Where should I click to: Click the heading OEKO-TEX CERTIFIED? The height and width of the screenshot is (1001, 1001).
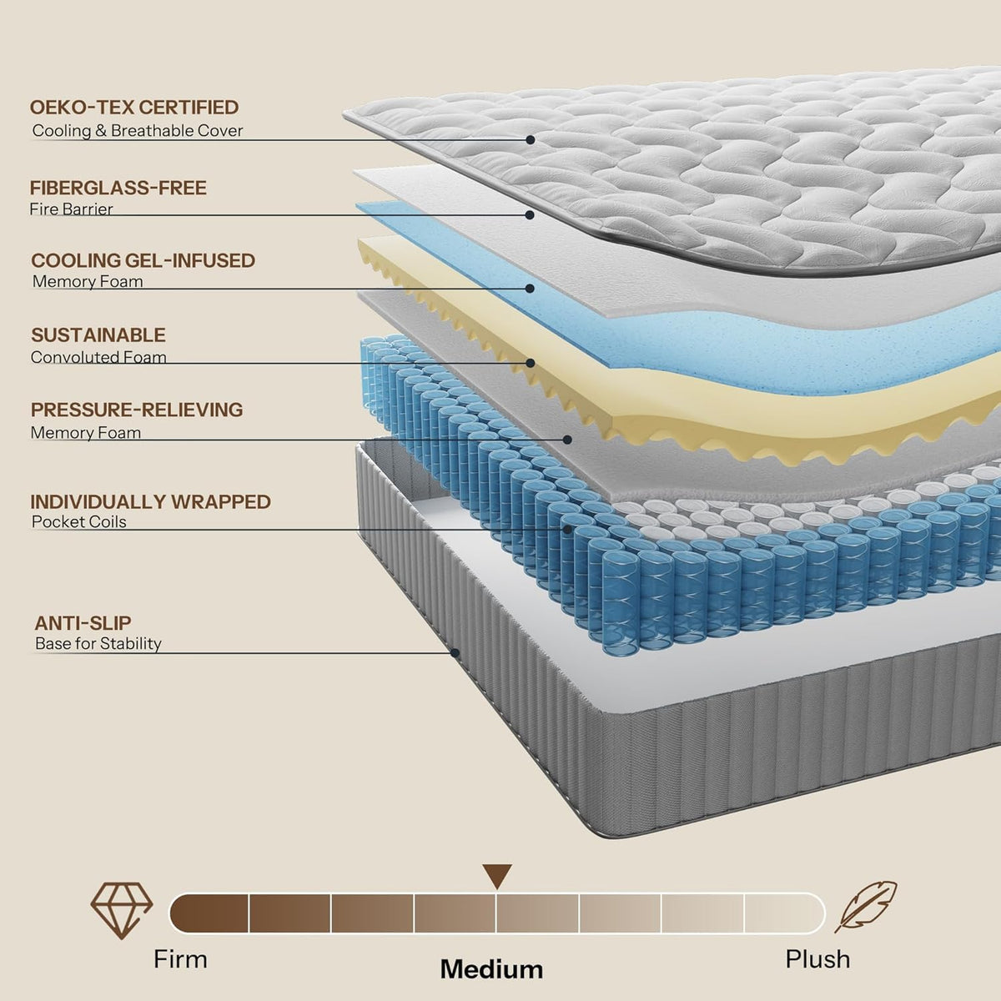134,107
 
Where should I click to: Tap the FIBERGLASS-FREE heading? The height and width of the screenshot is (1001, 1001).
118,188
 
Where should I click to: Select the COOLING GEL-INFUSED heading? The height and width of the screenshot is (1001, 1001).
143,260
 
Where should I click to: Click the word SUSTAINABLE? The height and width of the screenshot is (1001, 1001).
98,335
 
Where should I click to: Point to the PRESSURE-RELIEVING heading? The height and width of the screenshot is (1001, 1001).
137,410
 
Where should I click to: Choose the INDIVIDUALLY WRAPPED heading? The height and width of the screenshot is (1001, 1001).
151,502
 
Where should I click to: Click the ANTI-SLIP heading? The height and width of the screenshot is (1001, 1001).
83,623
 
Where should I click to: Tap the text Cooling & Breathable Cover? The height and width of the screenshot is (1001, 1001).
137,130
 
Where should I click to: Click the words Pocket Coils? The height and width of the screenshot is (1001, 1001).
78,521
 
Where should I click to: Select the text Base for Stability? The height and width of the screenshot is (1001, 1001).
98,644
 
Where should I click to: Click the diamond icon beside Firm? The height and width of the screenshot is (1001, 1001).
122,910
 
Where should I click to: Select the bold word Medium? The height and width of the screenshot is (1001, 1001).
491,969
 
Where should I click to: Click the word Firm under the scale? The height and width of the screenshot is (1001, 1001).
180,959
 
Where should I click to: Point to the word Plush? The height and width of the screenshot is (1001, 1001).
817,959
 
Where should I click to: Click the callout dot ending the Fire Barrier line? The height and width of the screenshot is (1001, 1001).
530,215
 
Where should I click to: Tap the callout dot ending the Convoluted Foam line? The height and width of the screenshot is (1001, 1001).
531,363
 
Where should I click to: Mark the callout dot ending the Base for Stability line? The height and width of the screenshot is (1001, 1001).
455,653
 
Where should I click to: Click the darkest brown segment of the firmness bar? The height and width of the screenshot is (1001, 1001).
209,913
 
